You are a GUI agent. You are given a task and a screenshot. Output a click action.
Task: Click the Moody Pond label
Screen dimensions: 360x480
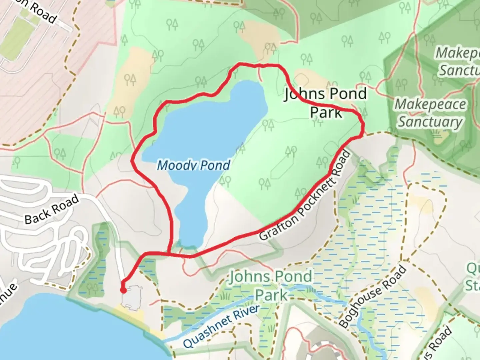click(x=193, y=165)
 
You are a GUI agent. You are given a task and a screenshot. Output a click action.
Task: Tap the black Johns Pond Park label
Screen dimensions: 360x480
click(x=326, y=103)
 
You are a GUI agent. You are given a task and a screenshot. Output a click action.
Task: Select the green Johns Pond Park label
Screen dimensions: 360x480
click(x=271, y=286)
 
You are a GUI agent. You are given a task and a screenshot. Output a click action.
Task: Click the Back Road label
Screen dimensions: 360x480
click(x=52, y=209)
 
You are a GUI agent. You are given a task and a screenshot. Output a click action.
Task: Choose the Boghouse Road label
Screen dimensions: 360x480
click(x=373, y=296)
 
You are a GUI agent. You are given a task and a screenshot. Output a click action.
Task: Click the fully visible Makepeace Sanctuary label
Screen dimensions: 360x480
click(x=430, y=113)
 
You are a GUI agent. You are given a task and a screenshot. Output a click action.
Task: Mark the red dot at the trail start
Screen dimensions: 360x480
click(x=123, y=290)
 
